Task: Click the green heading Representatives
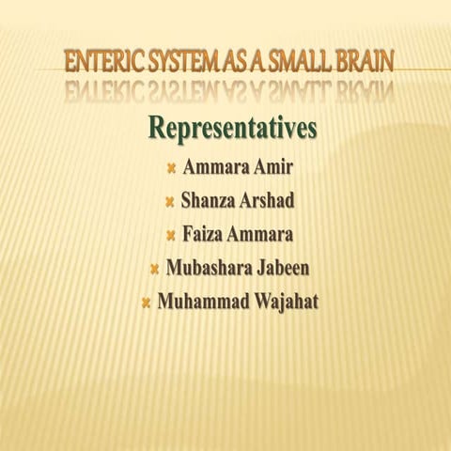231,128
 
